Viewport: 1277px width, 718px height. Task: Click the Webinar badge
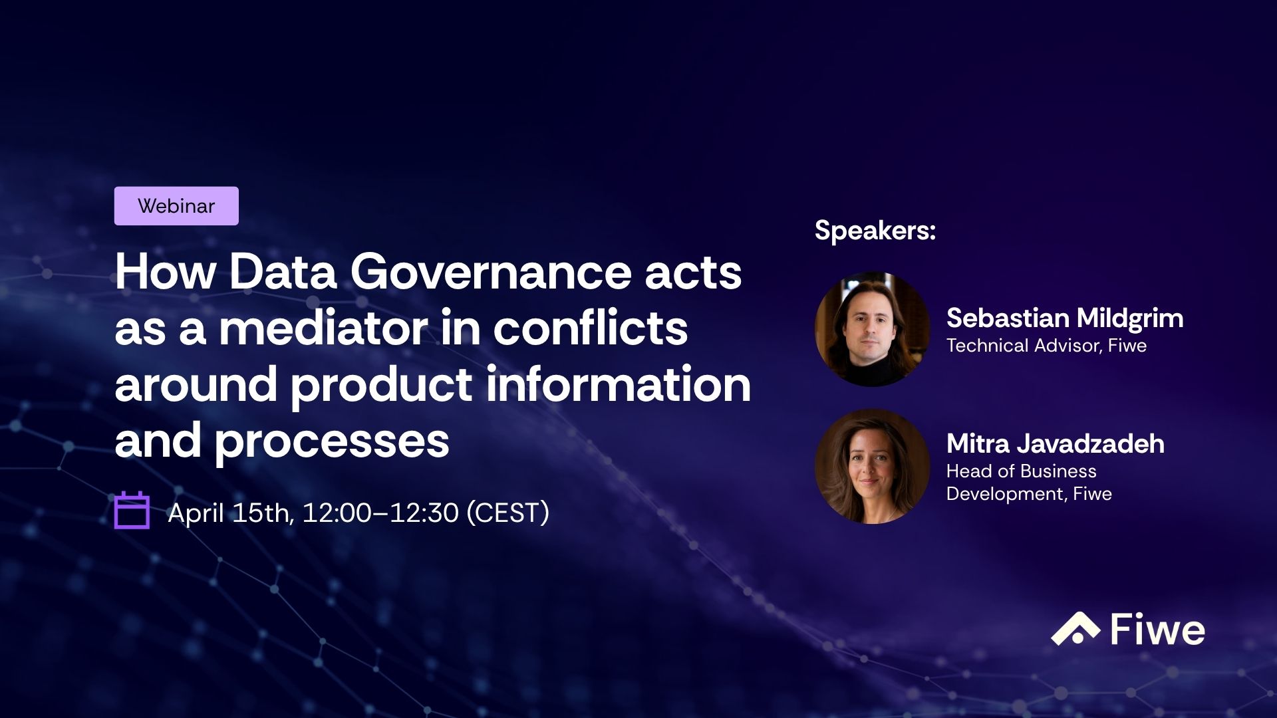(x=176, y=206)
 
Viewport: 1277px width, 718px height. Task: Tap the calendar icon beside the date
(x=132, y=511)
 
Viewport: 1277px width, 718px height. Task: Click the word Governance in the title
(x=490, y=272)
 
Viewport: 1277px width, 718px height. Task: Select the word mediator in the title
(x=324, y=328)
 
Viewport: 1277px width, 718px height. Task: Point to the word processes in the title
(x=331, y=441)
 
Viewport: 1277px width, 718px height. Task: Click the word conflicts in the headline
(x=590, y=328)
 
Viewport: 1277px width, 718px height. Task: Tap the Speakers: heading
(x=875, y=230)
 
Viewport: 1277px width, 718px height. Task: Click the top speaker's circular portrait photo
(x=872, y=329)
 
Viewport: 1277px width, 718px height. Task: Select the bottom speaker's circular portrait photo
(x=872, y=466)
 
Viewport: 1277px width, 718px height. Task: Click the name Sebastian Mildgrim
(x=1064, y=318)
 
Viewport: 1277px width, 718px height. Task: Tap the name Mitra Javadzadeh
(x=1055, y=443)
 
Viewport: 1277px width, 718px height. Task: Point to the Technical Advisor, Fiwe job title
(x=1046, y=346)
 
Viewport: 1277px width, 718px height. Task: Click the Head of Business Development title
(x=1028, y=482)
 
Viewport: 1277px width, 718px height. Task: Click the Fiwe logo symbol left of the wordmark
(x=1075, y=629)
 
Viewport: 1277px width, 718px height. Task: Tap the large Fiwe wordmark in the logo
(x=1157, y=630)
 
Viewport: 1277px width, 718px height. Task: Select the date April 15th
(x=230, y=513)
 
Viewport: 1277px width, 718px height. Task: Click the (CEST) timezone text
(x=507, y=513)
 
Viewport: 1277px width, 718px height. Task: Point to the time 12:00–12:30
(x=380, y=513)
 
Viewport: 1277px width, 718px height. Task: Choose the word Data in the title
(x=283, y=272)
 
